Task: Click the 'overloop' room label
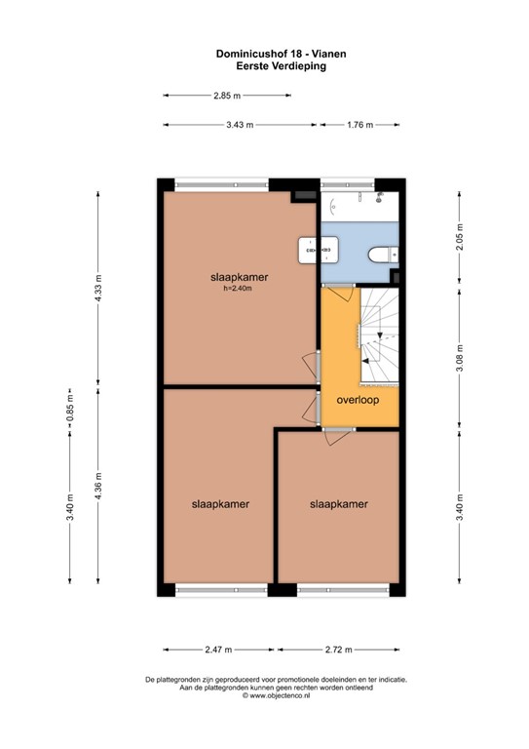358,400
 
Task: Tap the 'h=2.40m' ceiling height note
238,288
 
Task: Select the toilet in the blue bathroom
383,255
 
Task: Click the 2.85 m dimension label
227,96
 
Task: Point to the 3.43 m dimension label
240,125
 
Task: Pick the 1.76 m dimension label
360,125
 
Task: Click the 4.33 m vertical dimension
98,288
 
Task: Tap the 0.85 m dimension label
69,410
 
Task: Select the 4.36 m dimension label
98,487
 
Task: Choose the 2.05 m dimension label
460,237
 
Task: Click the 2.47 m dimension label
218,650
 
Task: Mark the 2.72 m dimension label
339,650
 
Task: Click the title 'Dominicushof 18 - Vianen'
281,54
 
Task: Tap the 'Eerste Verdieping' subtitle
281,66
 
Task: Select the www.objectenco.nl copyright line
276,696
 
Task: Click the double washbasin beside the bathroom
319,250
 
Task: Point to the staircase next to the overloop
379,335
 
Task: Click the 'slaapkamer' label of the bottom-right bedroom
339,504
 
